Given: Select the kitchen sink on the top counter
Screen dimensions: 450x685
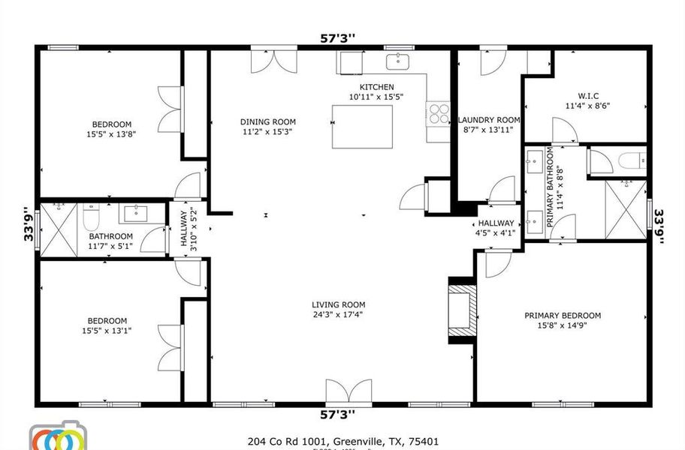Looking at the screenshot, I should pyautogui.click(x=398, y=61).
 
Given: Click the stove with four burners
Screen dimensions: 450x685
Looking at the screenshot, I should pyautogui.click(x=438, y=112).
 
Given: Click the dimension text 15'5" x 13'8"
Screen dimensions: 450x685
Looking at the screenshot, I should pyautogui.click(x=112, y=135).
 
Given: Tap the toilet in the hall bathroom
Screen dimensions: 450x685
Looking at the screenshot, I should pyautogui.click(x=92, y=219).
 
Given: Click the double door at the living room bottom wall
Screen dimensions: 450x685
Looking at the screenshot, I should pyautogui.click(x=349, y=394).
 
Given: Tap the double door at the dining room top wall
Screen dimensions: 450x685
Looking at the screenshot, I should pyautogui.click(x=268, y=60).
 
